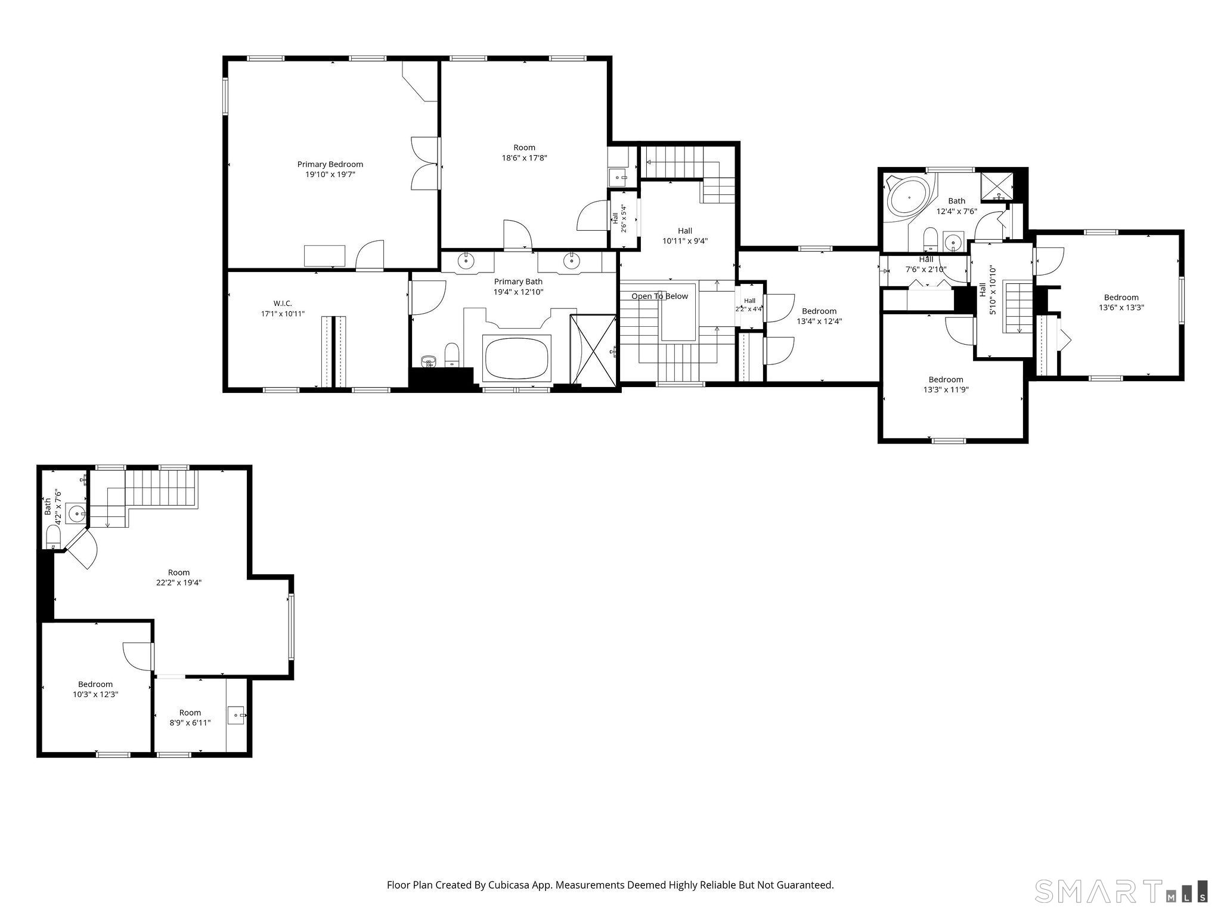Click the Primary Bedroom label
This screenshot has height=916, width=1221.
click(x=330, y=169)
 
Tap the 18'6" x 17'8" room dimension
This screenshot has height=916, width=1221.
click(x=524, y=158)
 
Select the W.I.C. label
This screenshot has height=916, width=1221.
click(x=283, y=303)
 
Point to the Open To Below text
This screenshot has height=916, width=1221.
click(x=659, y=296)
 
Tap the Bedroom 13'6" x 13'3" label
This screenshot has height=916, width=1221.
click(x=1121, y=302)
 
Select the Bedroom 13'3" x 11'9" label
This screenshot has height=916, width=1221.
click(x=946, y=385)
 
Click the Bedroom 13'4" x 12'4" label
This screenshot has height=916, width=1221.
click(x=819, y=316)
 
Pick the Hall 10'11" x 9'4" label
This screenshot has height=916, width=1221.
click(x=685, y=236)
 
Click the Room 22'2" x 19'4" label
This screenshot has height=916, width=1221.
click(x=179, y=577)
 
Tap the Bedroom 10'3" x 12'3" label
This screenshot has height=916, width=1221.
click(x=95, y=689)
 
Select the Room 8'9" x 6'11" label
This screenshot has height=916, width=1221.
click(x=190, y=717)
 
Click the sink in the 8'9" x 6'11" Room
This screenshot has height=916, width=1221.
click(x=237, y=715)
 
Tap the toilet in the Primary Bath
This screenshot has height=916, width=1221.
click(x=452, y=355)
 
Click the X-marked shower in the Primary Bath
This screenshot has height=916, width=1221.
click(x=593, y=350)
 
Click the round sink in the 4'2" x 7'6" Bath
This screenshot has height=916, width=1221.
click(x=76, y=513)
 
